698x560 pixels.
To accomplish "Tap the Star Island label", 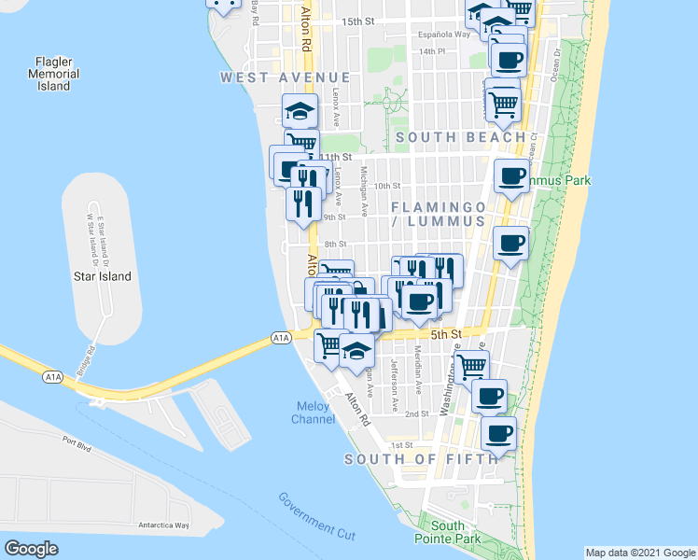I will coord(103,276).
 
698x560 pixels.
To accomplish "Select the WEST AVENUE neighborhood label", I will coord(286,77).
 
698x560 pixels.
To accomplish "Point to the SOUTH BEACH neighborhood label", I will coord(460,137).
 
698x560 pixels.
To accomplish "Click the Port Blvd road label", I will coord(77,448).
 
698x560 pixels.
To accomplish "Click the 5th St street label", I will coord(446,334).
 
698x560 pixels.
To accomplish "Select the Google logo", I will coord(32,549).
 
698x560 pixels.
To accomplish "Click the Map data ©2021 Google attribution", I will coord(639,553).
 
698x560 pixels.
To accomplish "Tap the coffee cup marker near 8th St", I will coord(510,245).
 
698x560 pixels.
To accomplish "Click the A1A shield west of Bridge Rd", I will coord(53,377).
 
